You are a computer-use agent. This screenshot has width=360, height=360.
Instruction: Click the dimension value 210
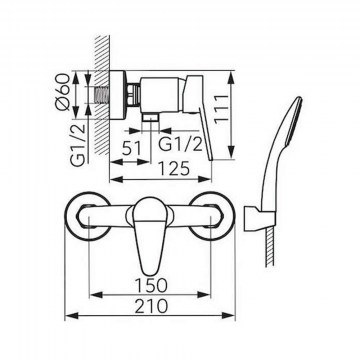[151, 306]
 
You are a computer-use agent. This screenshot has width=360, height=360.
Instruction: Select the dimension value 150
[151, 285]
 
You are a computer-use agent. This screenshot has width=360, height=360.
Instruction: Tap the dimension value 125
[174, 169]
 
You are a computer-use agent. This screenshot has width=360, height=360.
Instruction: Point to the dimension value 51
[131, 148]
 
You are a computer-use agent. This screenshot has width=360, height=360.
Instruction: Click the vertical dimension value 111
[221, 109]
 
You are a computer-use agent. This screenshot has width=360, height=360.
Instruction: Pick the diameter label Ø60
[63, 92]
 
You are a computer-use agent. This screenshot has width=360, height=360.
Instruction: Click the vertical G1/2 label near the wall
[78, 144]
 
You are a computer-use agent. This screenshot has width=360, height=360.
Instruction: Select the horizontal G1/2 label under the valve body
[180, 144]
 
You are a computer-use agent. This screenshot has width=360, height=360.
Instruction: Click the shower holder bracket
[260, 217]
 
